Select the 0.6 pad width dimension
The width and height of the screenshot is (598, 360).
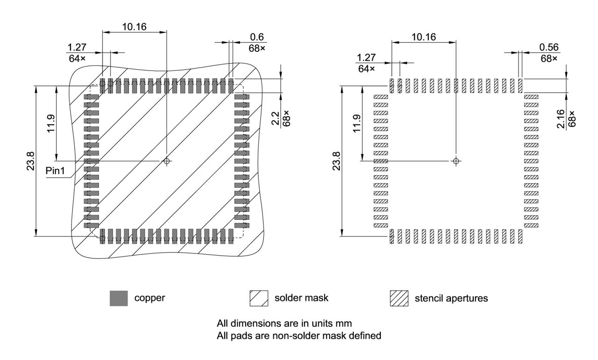(256, 37)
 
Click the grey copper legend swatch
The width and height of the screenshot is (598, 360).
(119, 298)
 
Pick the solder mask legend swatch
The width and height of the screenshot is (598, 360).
(259, 298)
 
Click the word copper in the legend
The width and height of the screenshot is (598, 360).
(149, 298)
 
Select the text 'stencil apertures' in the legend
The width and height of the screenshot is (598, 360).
(451, 298)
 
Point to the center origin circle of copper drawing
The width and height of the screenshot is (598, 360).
(166, 161)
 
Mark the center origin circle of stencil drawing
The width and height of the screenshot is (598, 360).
(456, 161)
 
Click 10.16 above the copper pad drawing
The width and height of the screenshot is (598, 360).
(134, 27)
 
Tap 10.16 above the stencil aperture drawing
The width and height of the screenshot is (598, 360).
(424, 36)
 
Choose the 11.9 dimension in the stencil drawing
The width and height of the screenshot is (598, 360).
(357, 123)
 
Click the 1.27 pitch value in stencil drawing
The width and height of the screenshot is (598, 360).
(366, 58)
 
